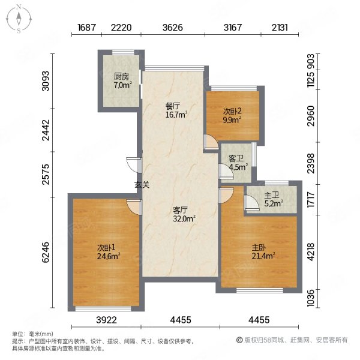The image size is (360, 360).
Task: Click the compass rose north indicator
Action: pos(19,8)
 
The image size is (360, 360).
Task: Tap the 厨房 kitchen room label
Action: pos(121,76)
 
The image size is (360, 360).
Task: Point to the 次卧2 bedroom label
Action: pos(232,112)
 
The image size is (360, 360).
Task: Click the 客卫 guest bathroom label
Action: pos(236,158)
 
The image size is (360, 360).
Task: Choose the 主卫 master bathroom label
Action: pos(272,196)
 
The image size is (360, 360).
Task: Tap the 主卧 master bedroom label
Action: pos(259,247)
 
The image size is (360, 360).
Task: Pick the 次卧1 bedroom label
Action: pos(106,248)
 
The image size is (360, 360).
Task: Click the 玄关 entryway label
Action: pos(142,185)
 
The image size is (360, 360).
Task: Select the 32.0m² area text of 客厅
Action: pos(184,218)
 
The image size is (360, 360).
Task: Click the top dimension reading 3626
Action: pos(173,28)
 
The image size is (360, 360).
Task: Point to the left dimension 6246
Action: pos(46,252)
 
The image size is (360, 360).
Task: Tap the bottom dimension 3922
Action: pos(106,320)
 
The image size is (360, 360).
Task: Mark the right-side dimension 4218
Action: pos(310,252)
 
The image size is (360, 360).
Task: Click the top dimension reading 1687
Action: pos(86,28)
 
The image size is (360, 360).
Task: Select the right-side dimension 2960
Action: pos(310,116)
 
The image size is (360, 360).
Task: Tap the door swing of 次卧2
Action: pos(211,142)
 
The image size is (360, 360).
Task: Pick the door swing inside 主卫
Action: pos(251,203)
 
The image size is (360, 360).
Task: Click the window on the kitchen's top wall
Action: pos(123,52)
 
